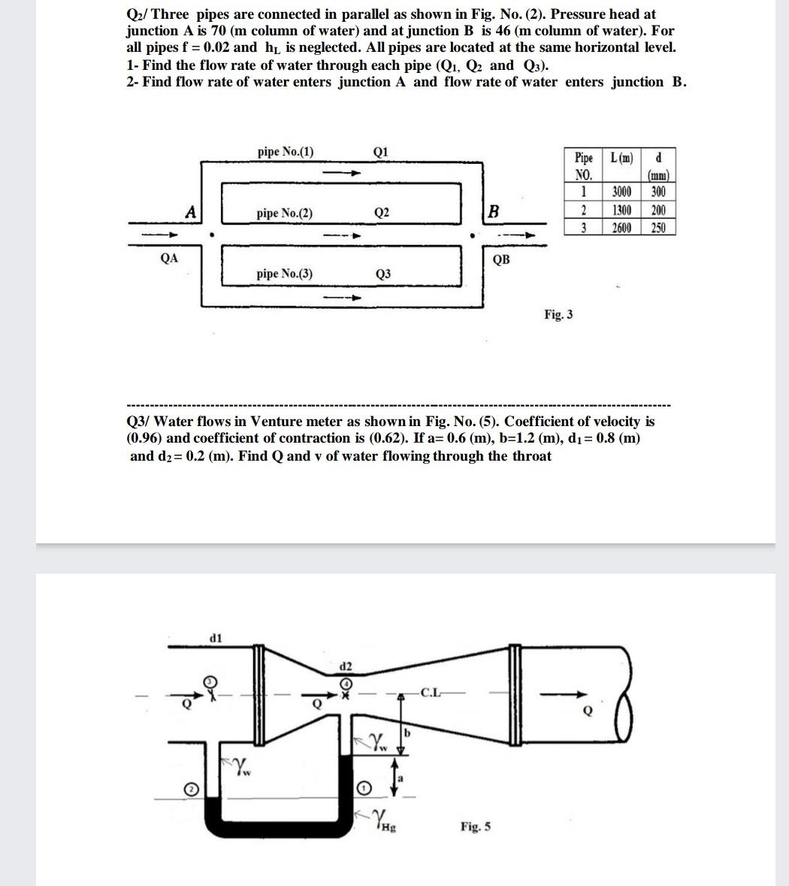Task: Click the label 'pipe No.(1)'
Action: pyautogui.click(x=286, y=152)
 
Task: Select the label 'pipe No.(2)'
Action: pyautogui.click(x=286, y=213)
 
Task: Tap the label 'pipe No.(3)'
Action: pyautogui.click(x=285, y=274)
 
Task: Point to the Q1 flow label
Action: pyautogui.click(x=380, y=152)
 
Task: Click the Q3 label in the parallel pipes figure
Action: pyautogui.click(x=382, y=274)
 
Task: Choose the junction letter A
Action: pyautogui.click(x=192, y=213)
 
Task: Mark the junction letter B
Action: pyautogui.click(x=493, y=212)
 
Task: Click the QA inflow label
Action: pyautogui.click(x=170, y=258)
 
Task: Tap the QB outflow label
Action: pyautogui.click(x=501, y=260)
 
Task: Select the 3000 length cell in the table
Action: pyautogui.click(x=621, y=192)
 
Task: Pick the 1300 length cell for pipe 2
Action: pyautogui.click(x=621, y=210)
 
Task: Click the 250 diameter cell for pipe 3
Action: pyautogui.click(x=658, y=228)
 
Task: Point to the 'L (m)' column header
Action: pyautogui.click(x=621, y=159)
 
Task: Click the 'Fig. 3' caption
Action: pyautogui.click(x=558, y=314)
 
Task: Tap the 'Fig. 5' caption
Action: pyautogui.click(x=476, y=827)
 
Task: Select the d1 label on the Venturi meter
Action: pyautogui.click(x=215, y=638)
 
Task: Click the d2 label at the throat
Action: pyautogui.click(x=346, y=667)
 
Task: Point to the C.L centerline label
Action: pyautogui.click(x=431, y=692)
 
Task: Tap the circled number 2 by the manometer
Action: pyautogui.click(x=192, y=788)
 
